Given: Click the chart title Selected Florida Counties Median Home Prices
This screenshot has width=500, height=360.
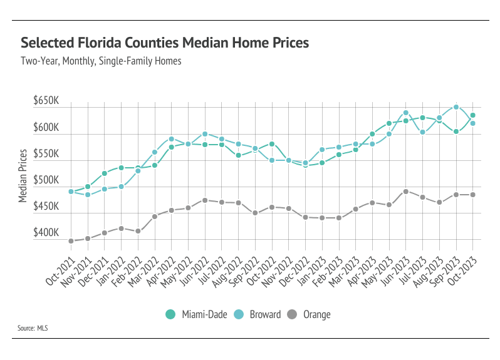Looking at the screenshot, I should [x=165, y=43].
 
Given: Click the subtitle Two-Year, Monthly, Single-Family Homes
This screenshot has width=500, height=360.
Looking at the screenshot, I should [x=101, y=61].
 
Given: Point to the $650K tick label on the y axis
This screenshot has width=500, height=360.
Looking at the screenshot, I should [x=46, y=101].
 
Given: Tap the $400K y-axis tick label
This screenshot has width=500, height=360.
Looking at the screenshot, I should [x=46, y=233].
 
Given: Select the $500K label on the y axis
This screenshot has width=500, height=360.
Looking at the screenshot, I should [x=46, y=180].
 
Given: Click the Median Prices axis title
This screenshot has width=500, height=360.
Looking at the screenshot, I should [x=23, y=175].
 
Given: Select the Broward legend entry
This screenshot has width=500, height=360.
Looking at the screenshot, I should [x=259, y=314].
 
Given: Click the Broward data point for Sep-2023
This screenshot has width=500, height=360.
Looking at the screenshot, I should [x=456, y=106].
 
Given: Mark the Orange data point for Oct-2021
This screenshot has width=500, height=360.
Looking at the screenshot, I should [x=71, y=241].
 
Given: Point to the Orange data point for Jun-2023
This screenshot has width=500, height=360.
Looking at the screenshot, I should [x=406, y=192].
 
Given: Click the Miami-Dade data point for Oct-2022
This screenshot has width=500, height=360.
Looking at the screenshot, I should [x=272, y=144].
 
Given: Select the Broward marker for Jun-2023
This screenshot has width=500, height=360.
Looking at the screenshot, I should [x=406, y=113].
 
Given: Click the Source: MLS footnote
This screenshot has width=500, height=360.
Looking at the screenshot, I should [x=34, y=328].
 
